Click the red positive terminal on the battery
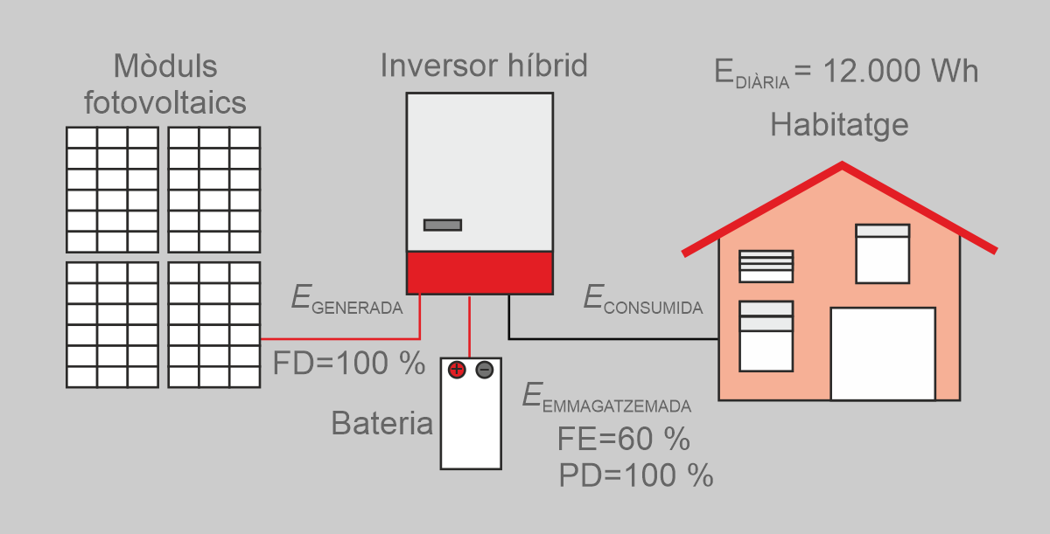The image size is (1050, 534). pos(456,370)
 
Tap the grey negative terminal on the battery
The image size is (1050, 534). pos(484,370)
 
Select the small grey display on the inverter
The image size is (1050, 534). pos(443,225)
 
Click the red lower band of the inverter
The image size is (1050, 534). pos(479,274)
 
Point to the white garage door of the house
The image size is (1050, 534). pos(882,353)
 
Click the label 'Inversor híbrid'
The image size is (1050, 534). pos(483,66)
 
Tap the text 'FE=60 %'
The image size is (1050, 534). pos(623,437)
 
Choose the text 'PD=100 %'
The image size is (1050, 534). pos(636,475)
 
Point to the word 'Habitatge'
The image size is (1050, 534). pos(839,125)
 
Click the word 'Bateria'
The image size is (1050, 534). pos(382,424)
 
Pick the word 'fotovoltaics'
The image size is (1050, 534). pos(164,103)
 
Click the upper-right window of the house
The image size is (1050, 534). pos(882,253)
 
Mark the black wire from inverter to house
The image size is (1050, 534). pos(612,338)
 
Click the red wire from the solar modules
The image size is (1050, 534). pos(341,338)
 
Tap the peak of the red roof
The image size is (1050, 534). pos(842,166)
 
